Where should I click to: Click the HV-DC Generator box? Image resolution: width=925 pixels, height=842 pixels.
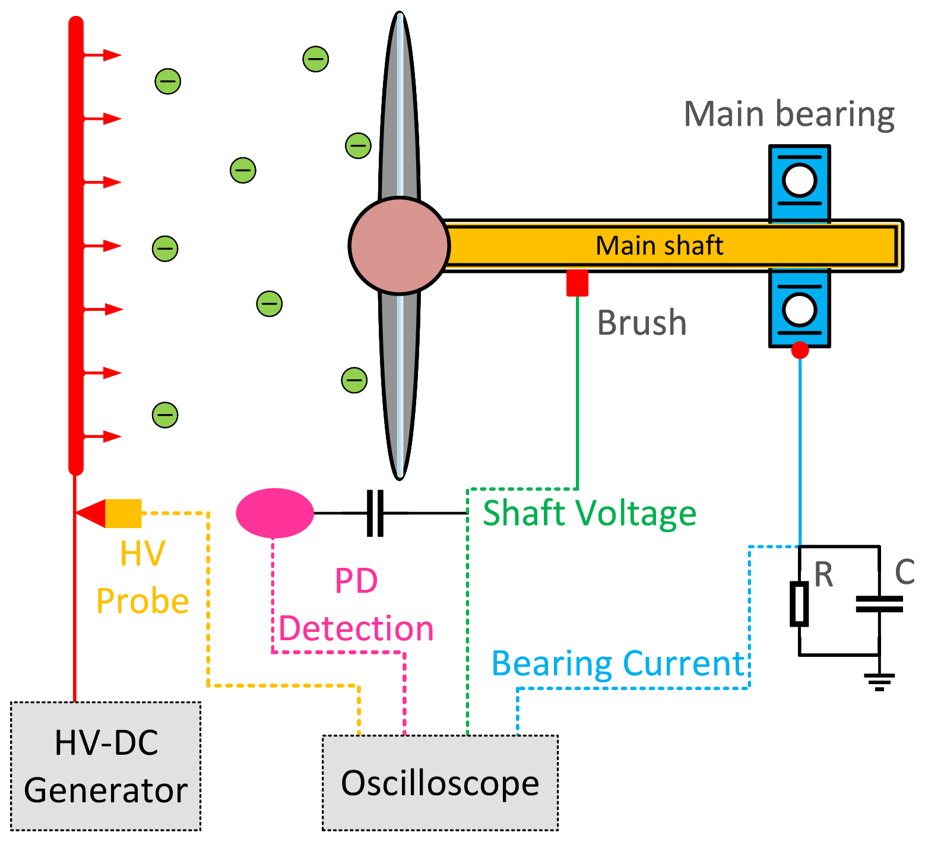tap(106, 766)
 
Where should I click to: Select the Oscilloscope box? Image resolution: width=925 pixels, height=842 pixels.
tap(440, 783)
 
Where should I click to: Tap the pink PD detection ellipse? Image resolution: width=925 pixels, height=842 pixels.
tap(275, 513)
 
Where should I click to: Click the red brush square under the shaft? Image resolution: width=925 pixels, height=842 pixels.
tap(577, 283)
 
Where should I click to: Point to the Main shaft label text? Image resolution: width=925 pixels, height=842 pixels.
tap(659, 246)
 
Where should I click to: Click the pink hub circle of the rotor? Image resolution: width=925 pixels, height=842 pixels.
tap(399, 246)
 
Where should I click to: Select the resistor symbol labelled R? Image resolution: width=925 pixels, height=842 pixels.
tap(799, 604)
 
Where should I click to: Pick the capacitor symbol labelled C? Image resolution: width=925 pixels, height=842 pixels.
tap(879, 604)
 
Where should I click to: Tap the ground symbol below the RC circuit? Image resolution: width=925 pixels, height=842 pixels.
tap(879, 681)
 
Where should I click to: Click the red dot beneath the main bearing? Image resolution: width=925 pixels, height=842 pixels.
tap(800, 350)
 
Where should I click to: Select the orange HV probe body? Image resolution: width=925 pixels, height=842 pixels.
tap(123, 513)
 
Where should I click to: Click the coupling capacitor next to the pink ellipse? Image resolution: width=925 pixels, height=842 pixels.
tap(375, 513)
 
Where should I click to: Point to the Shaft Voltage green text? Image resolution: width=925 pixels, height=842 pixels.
tap(590, 513)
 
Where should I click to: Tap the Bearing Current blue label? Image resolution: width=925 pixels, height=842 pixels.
tap(617, 663)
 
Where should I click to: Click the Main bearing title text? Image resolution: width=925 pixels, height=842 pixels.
tap(789, 114)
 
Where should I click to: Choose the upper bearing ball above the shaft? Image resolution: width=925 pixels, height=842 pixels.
tap(799, 180)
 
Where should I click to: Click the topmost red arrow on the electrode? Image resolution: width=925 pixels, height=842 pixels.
tap(103, 55)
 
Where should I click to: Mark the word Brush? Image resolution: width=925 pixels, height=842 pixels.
tap(642, 323)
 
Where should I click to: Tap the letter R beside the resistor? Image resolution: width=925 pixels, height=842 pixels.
tap(823, 574)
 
